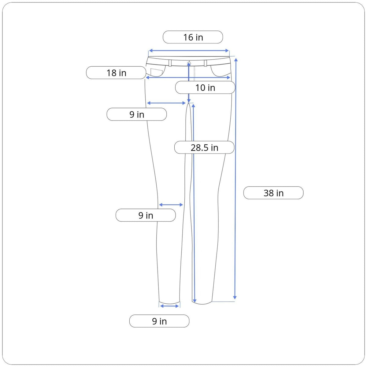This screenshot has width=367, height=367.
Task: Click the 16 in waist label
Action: click(193, 37)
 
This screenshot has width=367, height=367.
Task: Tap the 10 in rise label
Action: click(205, 87)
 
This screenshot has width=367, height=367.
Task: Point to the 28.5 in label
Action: click(204, 147)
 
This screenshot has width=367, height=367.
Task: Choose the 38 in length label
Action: click(273, 193)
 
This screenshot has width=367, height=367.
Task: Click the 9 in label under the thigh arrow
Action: click(136, 114)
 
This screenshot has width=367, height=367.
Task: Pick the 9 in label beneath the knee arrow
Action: click(146, 215)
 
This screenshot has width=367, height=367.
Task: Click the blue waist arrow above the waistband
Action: click(189, 50)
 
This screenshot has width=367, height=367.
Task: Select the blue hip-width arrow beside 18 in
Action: click(188, 77)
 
